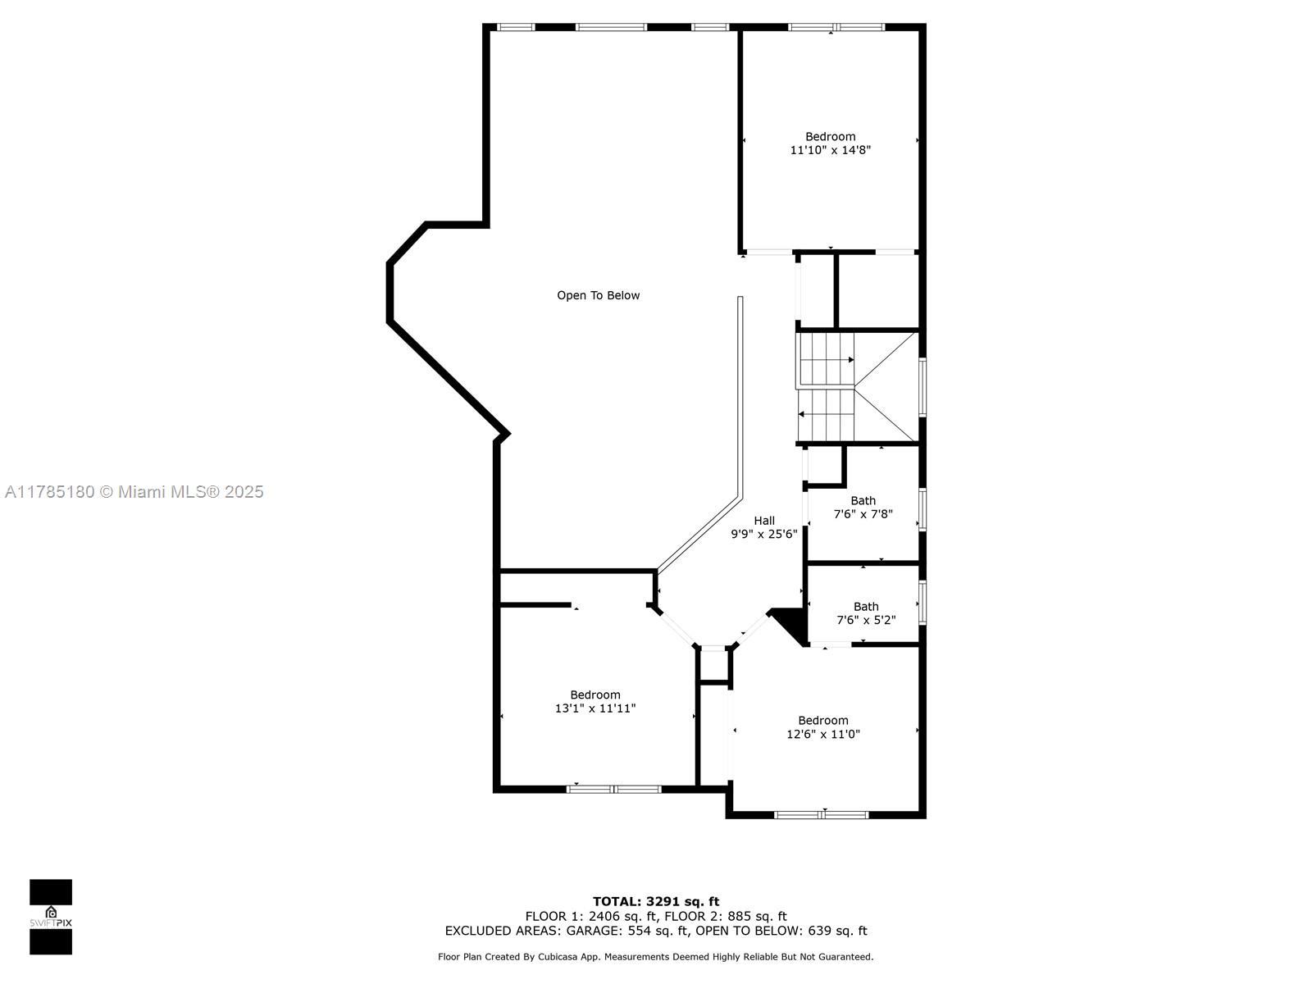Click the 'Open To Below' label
pyautogui.click(x=598, y=295)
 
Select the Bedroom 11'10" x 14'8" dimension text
pyautogui.click(x=830, y=150)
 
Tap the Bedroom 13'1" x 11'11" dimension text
pyautogui.click(x=594, y=708)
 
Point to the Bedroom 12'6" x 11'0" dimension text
pyautogui.click(x=823, y=734)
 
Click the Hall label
pyautogui.click(x=764, y=521)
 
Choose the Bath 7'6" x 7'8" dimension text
pyautogui.click(x=863, y=514)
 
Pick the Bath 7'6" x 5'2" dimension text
pyautogui.click(x=866, y=620)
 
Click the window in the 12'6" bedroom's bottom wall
pyautogui.click(x=822, y=814)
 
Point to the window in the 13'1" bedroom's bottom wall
pyautogui.click(x=614, y=789)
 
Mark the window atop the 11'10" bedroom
pyautogui.click(x=836, y=27)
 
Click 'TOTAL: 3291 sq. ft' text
pyautogui.click(x=656, y=901)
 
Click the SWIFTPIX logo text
pyautogui.click(x=51, y=922)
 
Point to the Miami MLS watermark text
pyautogui.click(x=134, y=492)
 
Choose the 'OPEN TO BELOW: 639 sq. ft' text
pyautogui.click(x=781, y=930)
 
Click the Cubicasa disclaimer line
pyautogui.click(x=656, y=956)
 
